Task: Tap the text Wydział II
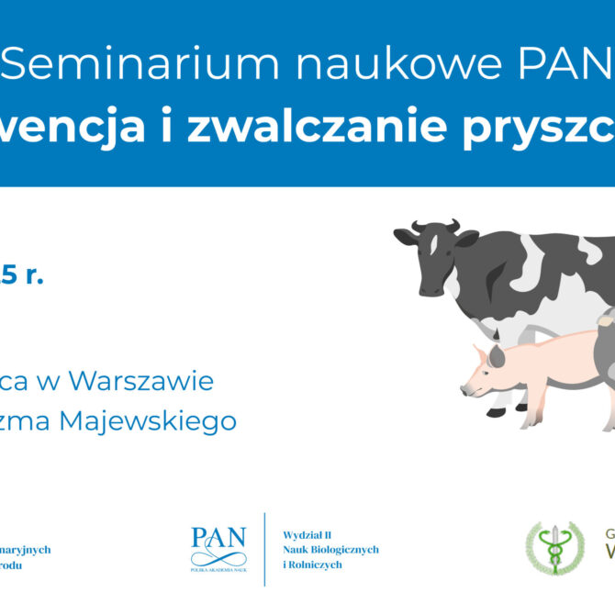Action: tap(309, 533)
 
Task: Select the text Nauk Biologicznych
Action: tap(330, 549)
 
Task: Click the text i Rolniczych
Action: tap(312, 565)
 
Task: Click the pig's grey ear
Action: tap(496, 355)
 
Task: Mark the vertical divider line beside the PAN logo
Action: tap(264, 549)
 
